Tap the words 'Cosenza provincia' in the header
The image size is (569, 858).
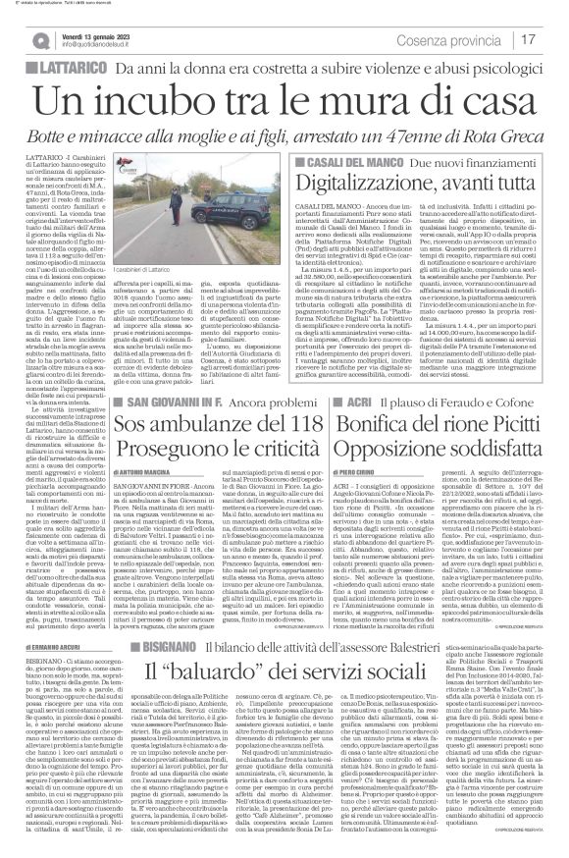coord(477,38)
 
